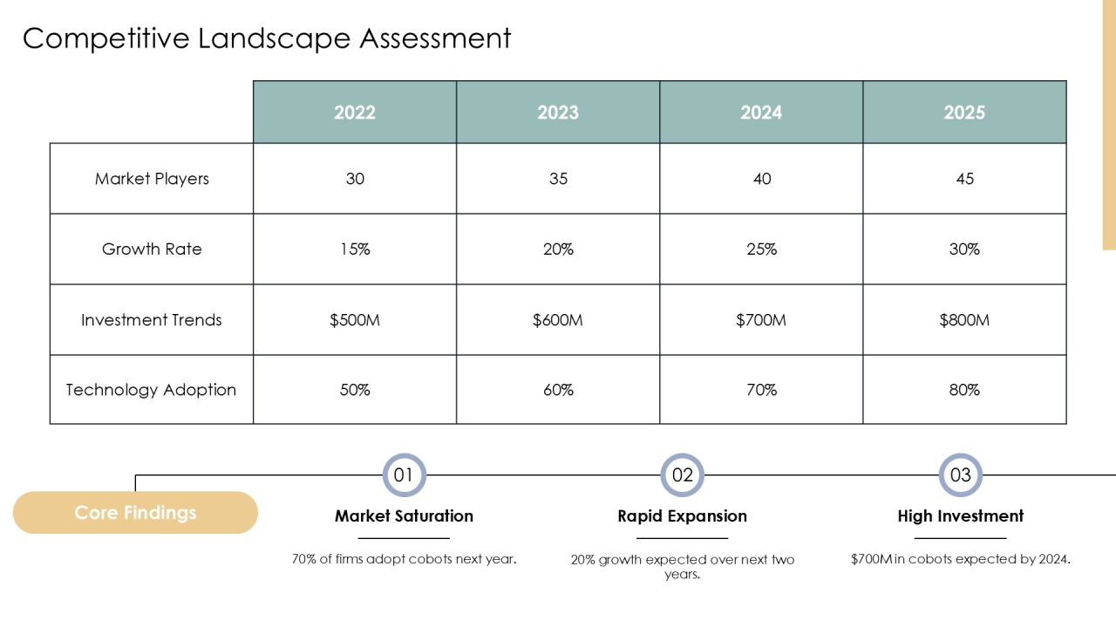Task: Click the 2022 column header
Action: pyautogui.click(x=355, y=113)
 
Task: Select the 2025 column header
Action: pyautogui.click(x=964, y=113)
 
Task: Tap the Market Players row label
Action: pyautogui.click(x=152, y=179)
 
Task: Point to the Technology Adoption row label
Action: pyautogui.click(x=151, y=390)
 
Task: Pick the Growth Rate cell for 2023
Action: pyautogui.click(x=558, y=249)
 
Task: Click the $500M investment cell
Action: pyautogui.click(x=355, y=320)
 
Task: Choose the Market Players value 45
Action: pyautogui.click(x=964, y=179)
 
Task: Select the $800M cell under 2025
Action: pyautogui.click(x=964, y=320)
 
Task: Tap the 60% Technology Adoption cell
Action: pyautogui.click(x=558, y=390)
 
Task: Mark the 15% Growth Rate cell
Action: pyautogui.click(x=355, y=249)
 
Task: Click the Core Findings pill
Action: pyautogui.click(x=135, y=512)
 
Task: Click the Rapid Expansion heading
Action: pyautogui.click(x=682, y=515)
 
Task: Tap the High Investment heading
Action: pyautogui.click(x=961, y=515)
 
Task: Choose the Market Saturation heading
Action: pyautogui.click(x=404, y=515)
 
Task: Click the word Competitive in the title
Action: pyautogui.click(x=106, y=39)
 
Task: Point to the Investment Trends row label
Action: pyautogui.click(x=152, y=320)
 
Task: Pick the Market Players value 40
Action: pyautogui.click(x=761, y=179)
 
